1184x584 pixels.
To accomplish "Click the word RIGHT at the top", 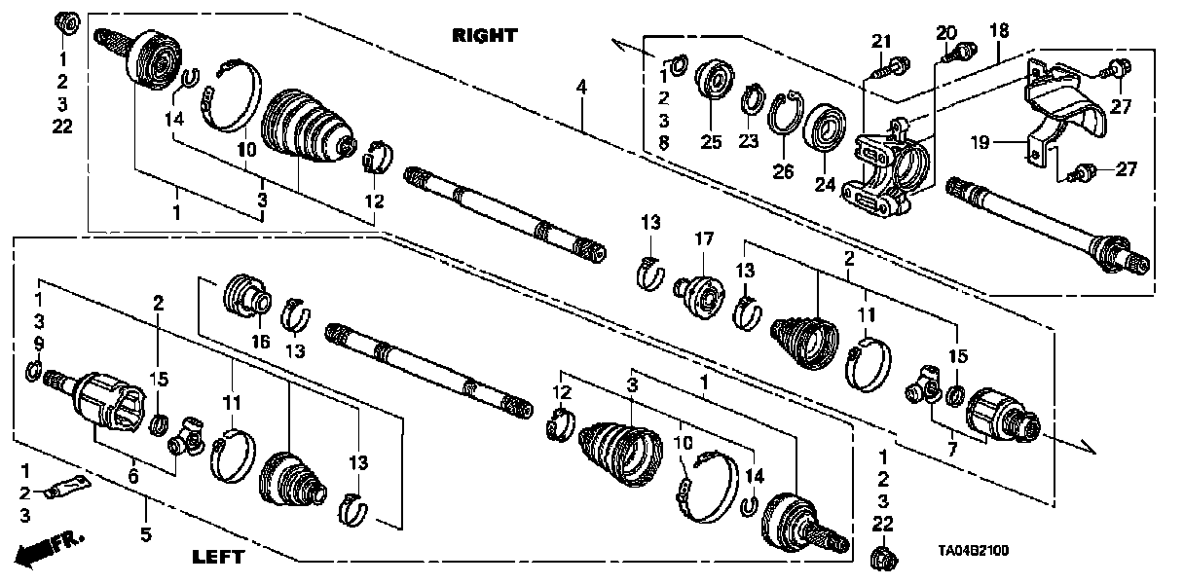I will point(485,36).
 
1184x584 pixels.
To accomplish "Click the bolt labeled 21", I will point(886,68).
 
